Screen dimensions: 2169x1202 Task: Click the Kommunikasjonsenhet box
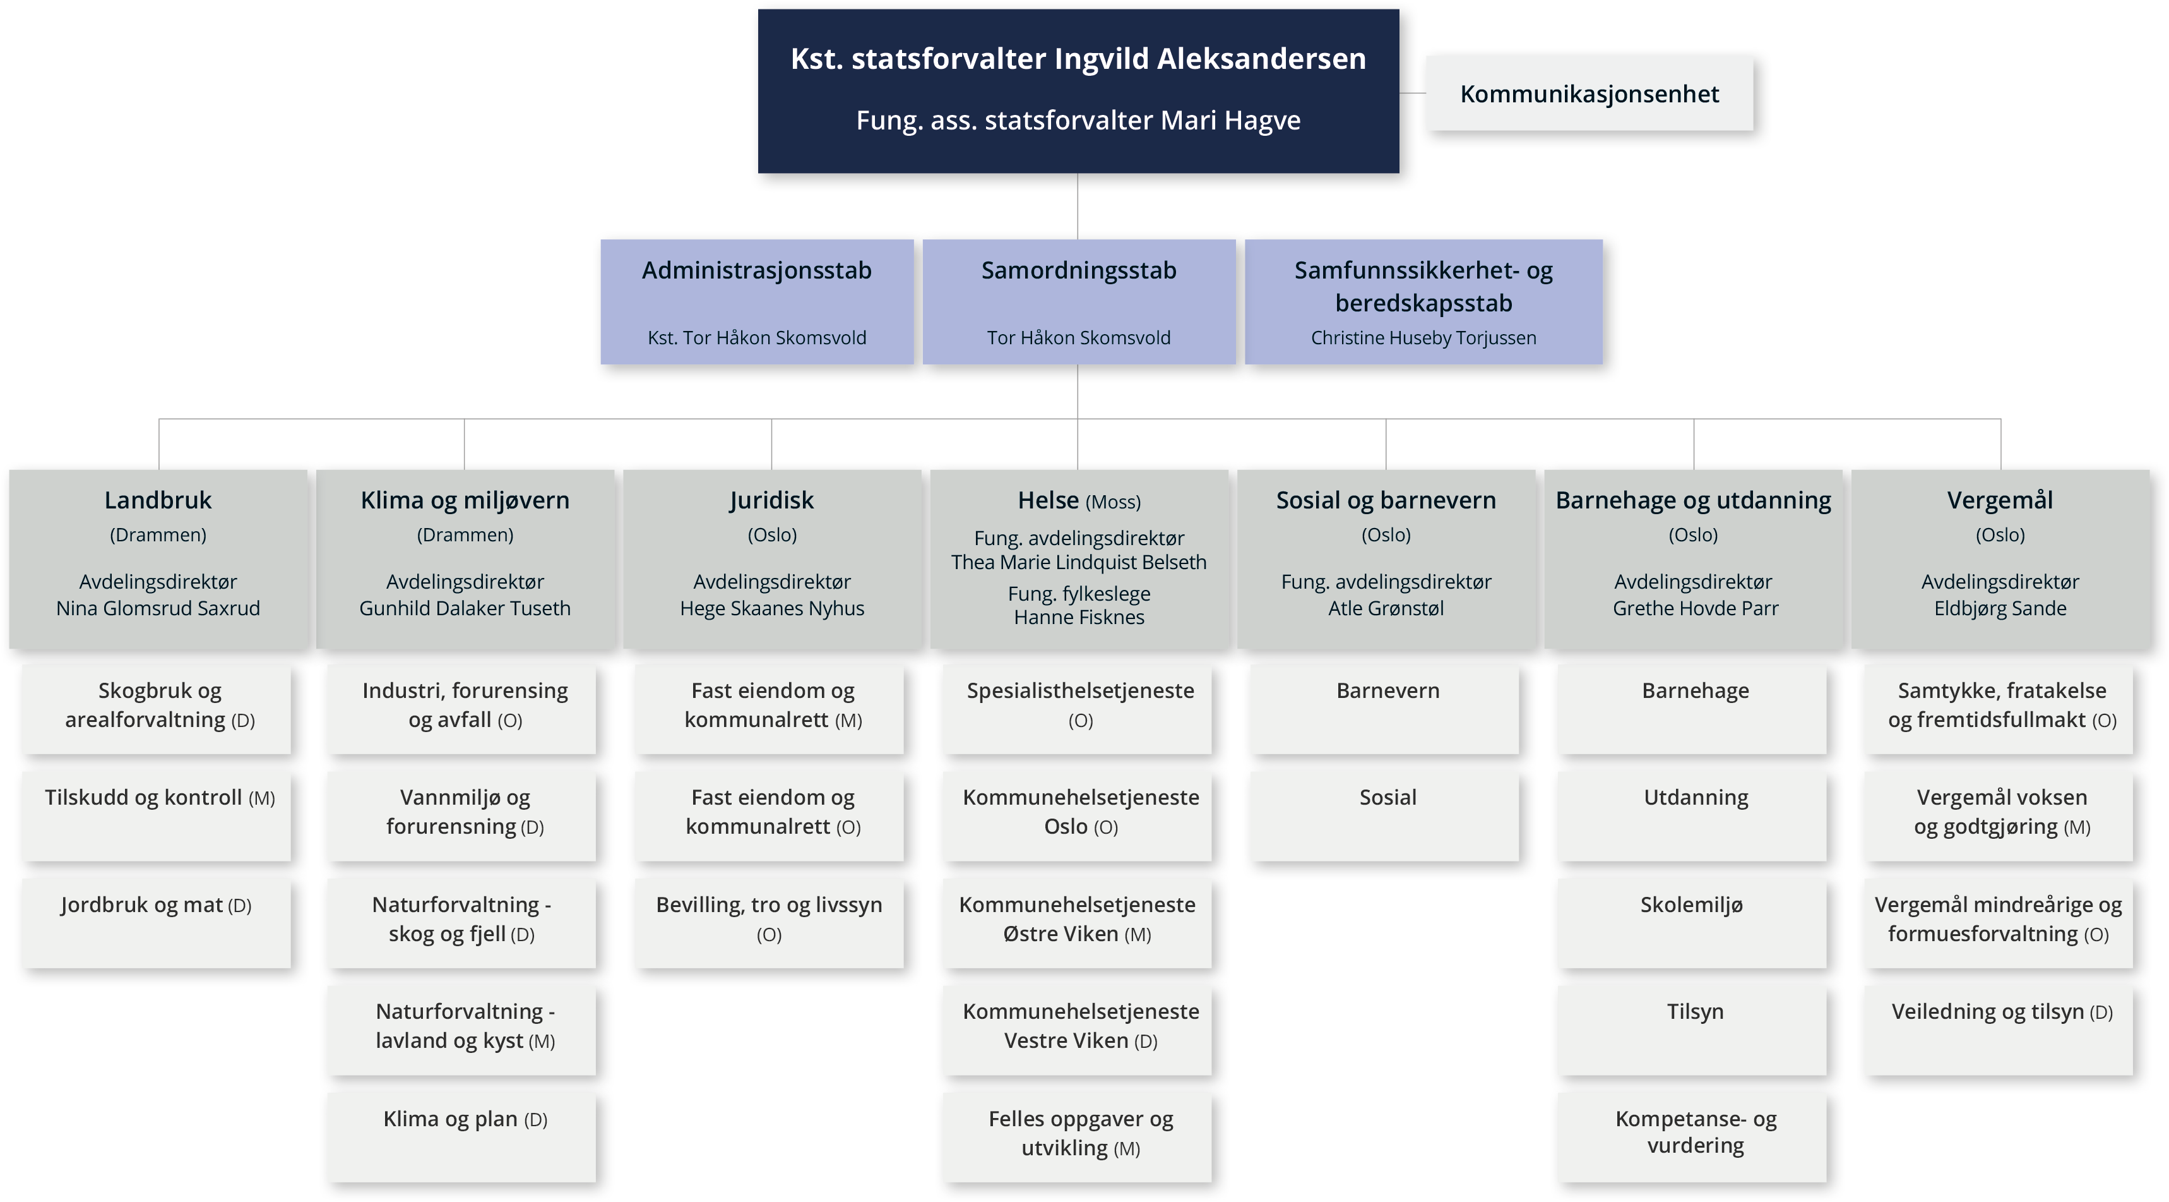pyautogui.click(x=1590, y=93)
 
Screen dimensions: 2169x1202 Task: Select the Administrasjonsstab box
pyautogui.click(x=757, y=301)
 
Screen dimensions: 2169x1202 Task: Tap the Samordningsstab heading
pyautogui.click(x=1079, y=270)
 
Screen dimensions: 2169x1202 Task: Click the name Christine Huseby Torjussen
pyautogui.click(x=1423, y=338)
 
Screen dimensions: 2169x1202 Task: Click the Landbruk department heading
pyautogui.click(x=158, y=500)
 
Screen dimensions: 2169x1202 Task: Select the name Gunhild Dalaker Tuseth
pyautogui.click(x=465, y=608)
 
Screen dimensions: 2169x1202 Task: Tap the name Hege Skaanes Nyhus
pyautogui.click(x=772, y=608)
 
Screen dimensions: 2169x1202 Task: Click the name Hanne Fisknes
pyautogui.click(x=1079, y=618)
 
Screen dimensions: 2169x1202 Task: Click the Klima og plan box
pyautogui.click(x=464, y=1137)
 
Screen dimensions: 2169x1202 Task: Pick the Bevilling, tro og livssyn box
pyautogui.click(x=770, y=923)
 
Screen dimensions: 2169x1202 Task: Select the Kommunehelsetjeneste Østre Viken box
pyautogui.click(x=1078, y=923)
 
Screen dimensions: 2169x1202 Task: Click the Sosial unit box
pyautogui.click(x=1386, y=816)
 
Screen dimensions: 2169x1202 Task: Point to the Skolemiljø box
pyautogui.click(x=1692, y=923)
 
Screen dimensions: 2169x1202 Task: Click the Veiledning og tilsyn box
pyautogui.click(x=2000, y=1030)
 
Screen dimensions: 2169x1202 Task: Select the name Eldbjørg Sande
pyautogui.click(x=2000, y=608)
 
